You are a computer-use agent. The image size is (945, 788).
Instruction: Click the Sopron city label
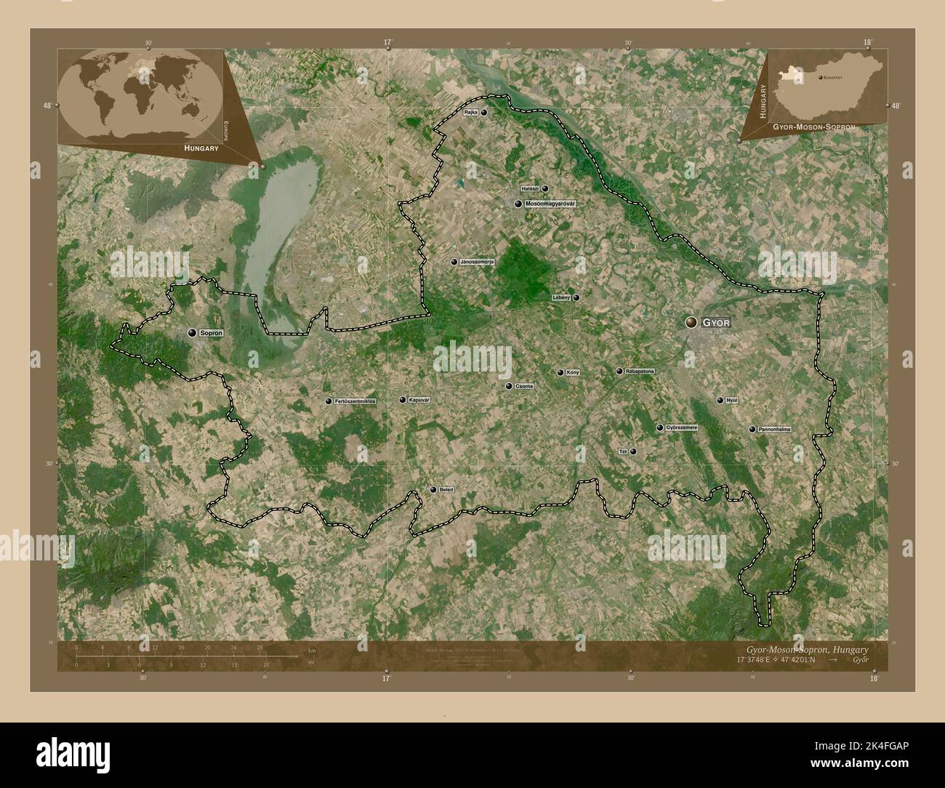click(211, 333)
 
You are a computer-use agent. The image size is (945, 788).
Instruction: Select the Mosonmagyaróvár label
click(550, 204)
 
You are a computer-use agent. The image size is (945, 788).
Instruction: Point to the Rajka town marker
click(483, 113)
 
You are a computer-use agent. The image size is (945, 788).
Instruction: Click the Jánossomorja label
click(477, 262)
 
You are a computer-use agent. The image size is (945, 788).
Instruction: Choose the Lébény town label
click(561, 297)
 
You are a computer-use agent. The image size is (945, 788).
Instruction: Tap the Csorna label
click(524, 386)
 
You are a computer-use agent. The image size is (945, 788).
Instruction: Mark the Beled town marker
click(433, 490)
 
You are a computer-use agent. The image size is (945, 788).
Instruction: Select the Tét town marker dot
click(633, 451)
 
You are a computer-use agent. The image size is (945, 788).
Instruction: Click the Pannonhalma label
click(774, 430)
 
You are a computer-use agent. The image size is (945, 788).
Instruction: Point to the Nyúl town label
click(733, 401)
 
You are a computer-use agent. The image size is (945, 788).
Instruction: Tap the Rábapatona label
click(640, 371)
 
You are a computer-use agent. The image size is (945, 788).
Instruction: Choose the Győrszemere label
click(681, 427)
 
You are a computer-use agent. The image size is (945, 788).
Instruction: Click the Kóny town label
click(573, 373)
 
